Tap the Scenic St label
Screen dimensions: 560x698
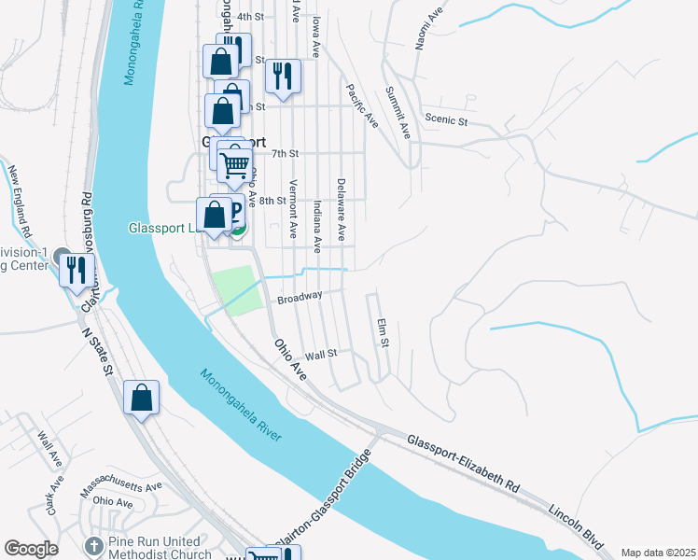(x=445, y=119)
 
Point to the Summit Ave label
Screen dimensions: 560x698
(x=398, y=113)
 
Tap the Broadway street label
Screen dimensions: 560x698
(x=300, y=297)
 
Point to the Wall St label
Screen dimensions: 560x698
(x=320, y=354)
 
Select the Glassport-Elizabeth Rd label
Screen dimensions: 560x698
(x=463, y=461)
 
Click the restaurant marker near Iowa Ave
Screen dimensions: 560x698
(x=283, y=75)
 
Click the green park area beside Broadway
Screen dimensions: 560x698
(x=233, y=289)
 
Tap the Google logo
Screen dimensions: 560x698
(x=32, y=549)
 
